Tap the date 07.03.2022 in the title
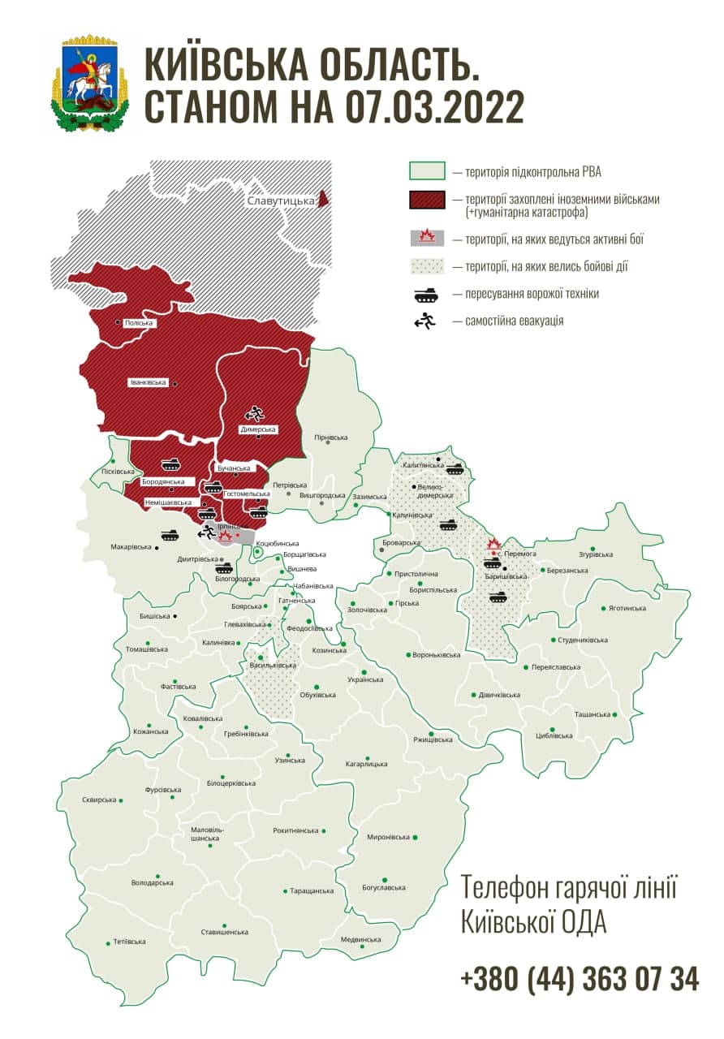pos(433,106)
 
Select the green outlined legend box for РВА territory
pos(426,171)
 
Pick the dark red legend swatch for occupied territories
pos(426,200)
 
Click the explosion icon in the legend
pos(426,239)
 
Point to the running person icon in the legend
pos(425,321)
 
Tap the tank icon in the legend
pos(426,293)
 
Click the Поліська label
pos(139,322)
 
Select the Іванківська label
pos(148,382)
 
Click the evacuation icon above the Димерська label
pos(255,413)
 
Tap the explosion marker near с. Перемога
pos(493,544)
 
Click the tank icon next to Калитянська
pos(454,468)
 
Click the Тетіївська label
pos(129,942)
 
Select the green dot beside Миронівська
pos(416,837)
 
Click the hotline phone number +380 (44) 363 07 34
pos(579,979)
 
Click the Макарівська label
pos(131,547)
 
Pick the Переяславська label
pos(556,667)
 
